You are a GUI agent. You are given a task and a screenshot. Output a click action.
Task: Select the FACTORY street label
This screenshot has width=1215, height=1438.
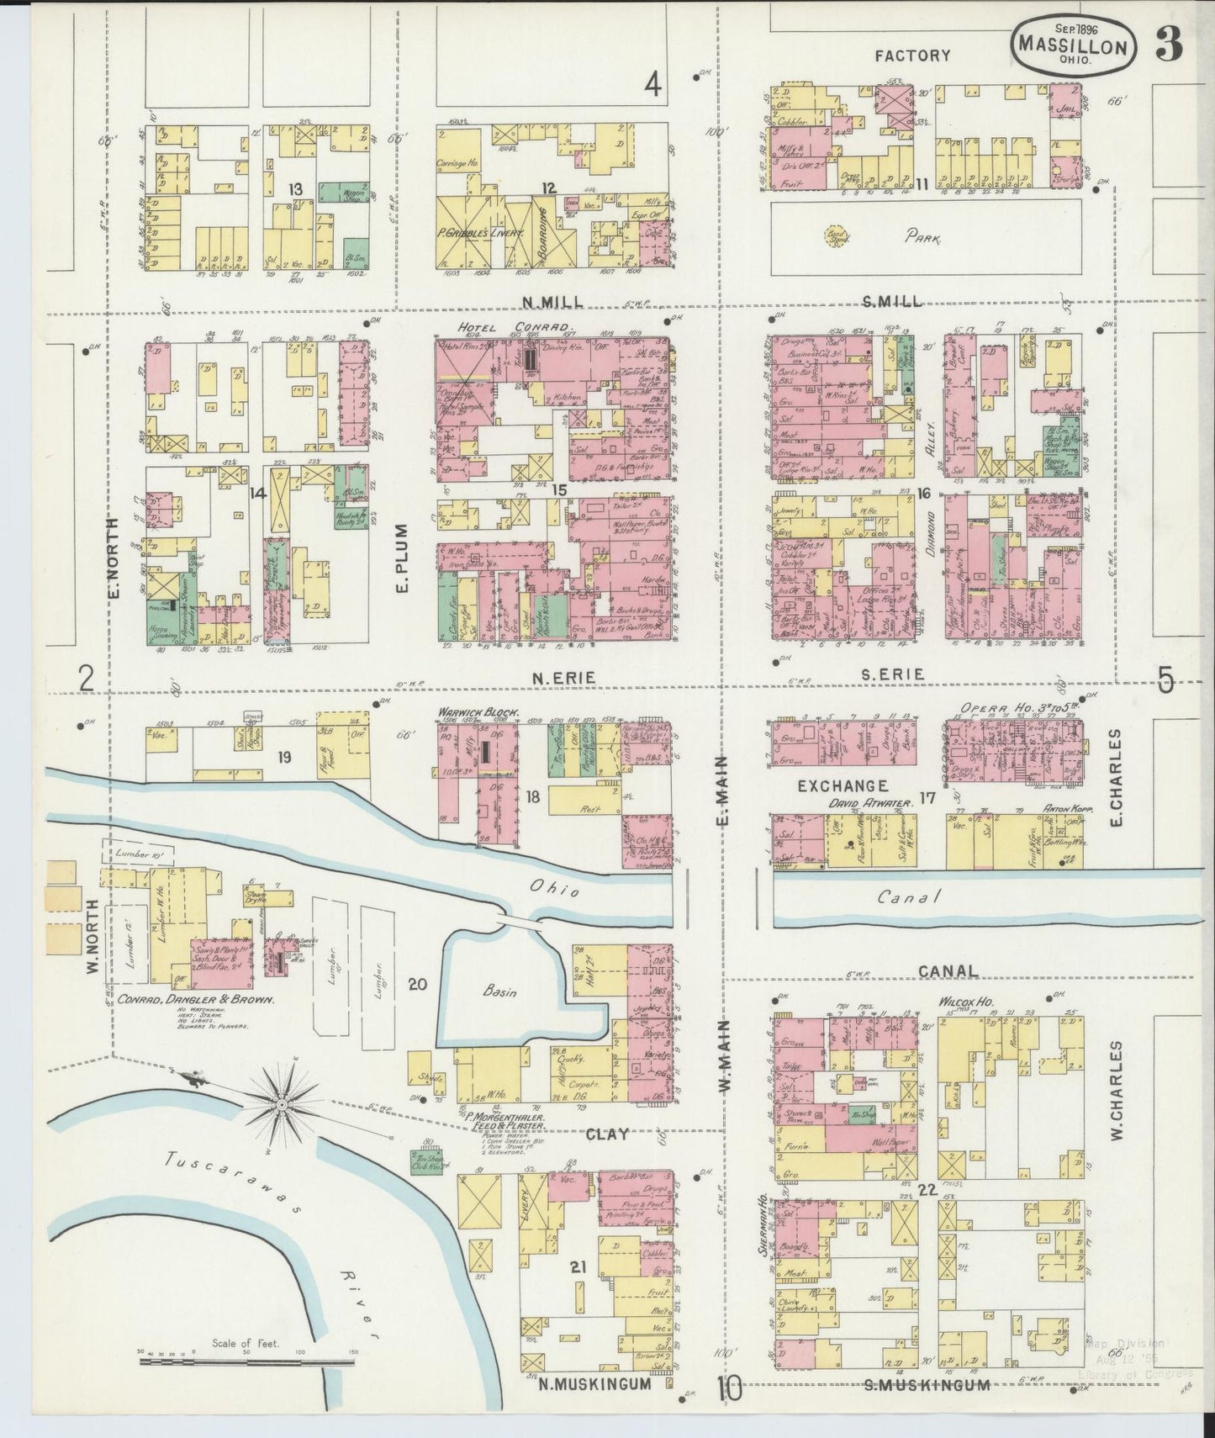pyautogui.click(x=912, y=56)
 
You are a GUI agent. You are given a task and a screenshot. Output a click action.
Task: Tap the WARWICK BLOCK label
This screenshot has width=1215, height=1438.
pyautogui.click(x=477, y=711)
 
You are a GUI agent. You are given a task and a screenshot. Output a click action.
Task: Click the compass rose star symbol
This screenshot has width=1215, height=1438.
pyautogui.click(x=283, y=1102)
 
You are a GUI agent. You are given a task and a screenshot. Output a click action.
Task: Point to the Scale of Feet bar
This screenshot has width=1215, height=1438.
pyautogui.click(x=246, y=1356)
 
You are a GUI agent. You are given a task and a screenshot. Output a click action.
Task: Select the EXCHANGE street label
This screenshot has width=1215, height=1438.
pyautogui.click(x=843, y=785)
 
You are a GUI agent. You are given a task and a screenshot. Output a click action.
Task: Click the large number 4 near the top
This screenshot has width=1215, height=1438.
pyautogui.click(x=652, y=84)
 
